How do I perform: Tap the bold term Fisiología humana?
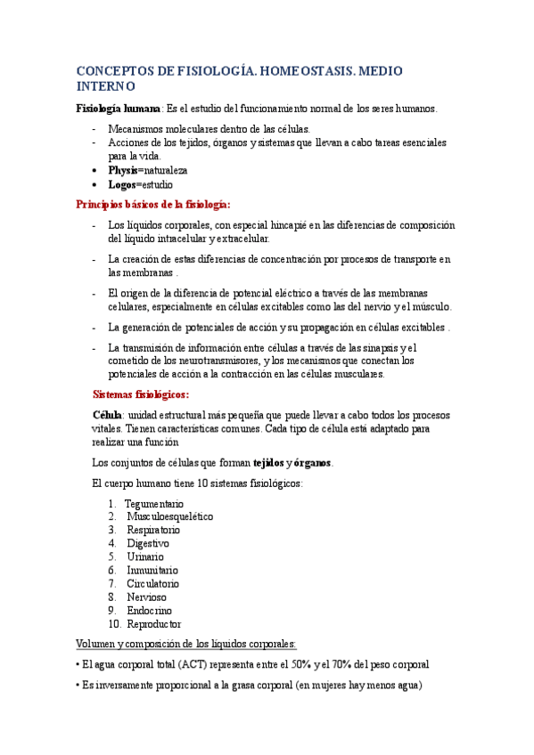coord(116,109)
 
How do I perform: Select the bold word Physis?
coord(123,169)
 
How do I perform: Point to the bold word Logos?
coord(122,184)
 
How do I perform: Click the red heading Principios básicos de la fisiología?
coord(153,204)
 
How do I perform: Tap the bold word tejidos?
coord(268,462)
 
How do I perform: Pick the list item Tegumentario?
coord(154,503)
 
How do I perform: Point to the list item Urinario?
coord(145,556)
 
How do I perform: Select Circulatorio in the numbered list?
coord(152,583)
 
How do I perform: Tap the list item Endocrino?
coord(149,611)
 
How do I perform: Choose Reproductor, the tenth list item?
coord(153,624)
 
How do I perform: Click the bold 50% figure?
coord(297,663)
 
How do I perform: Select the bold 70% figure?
coord(341,663)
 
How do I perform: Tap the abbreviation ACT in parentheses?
coord(191,663)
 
